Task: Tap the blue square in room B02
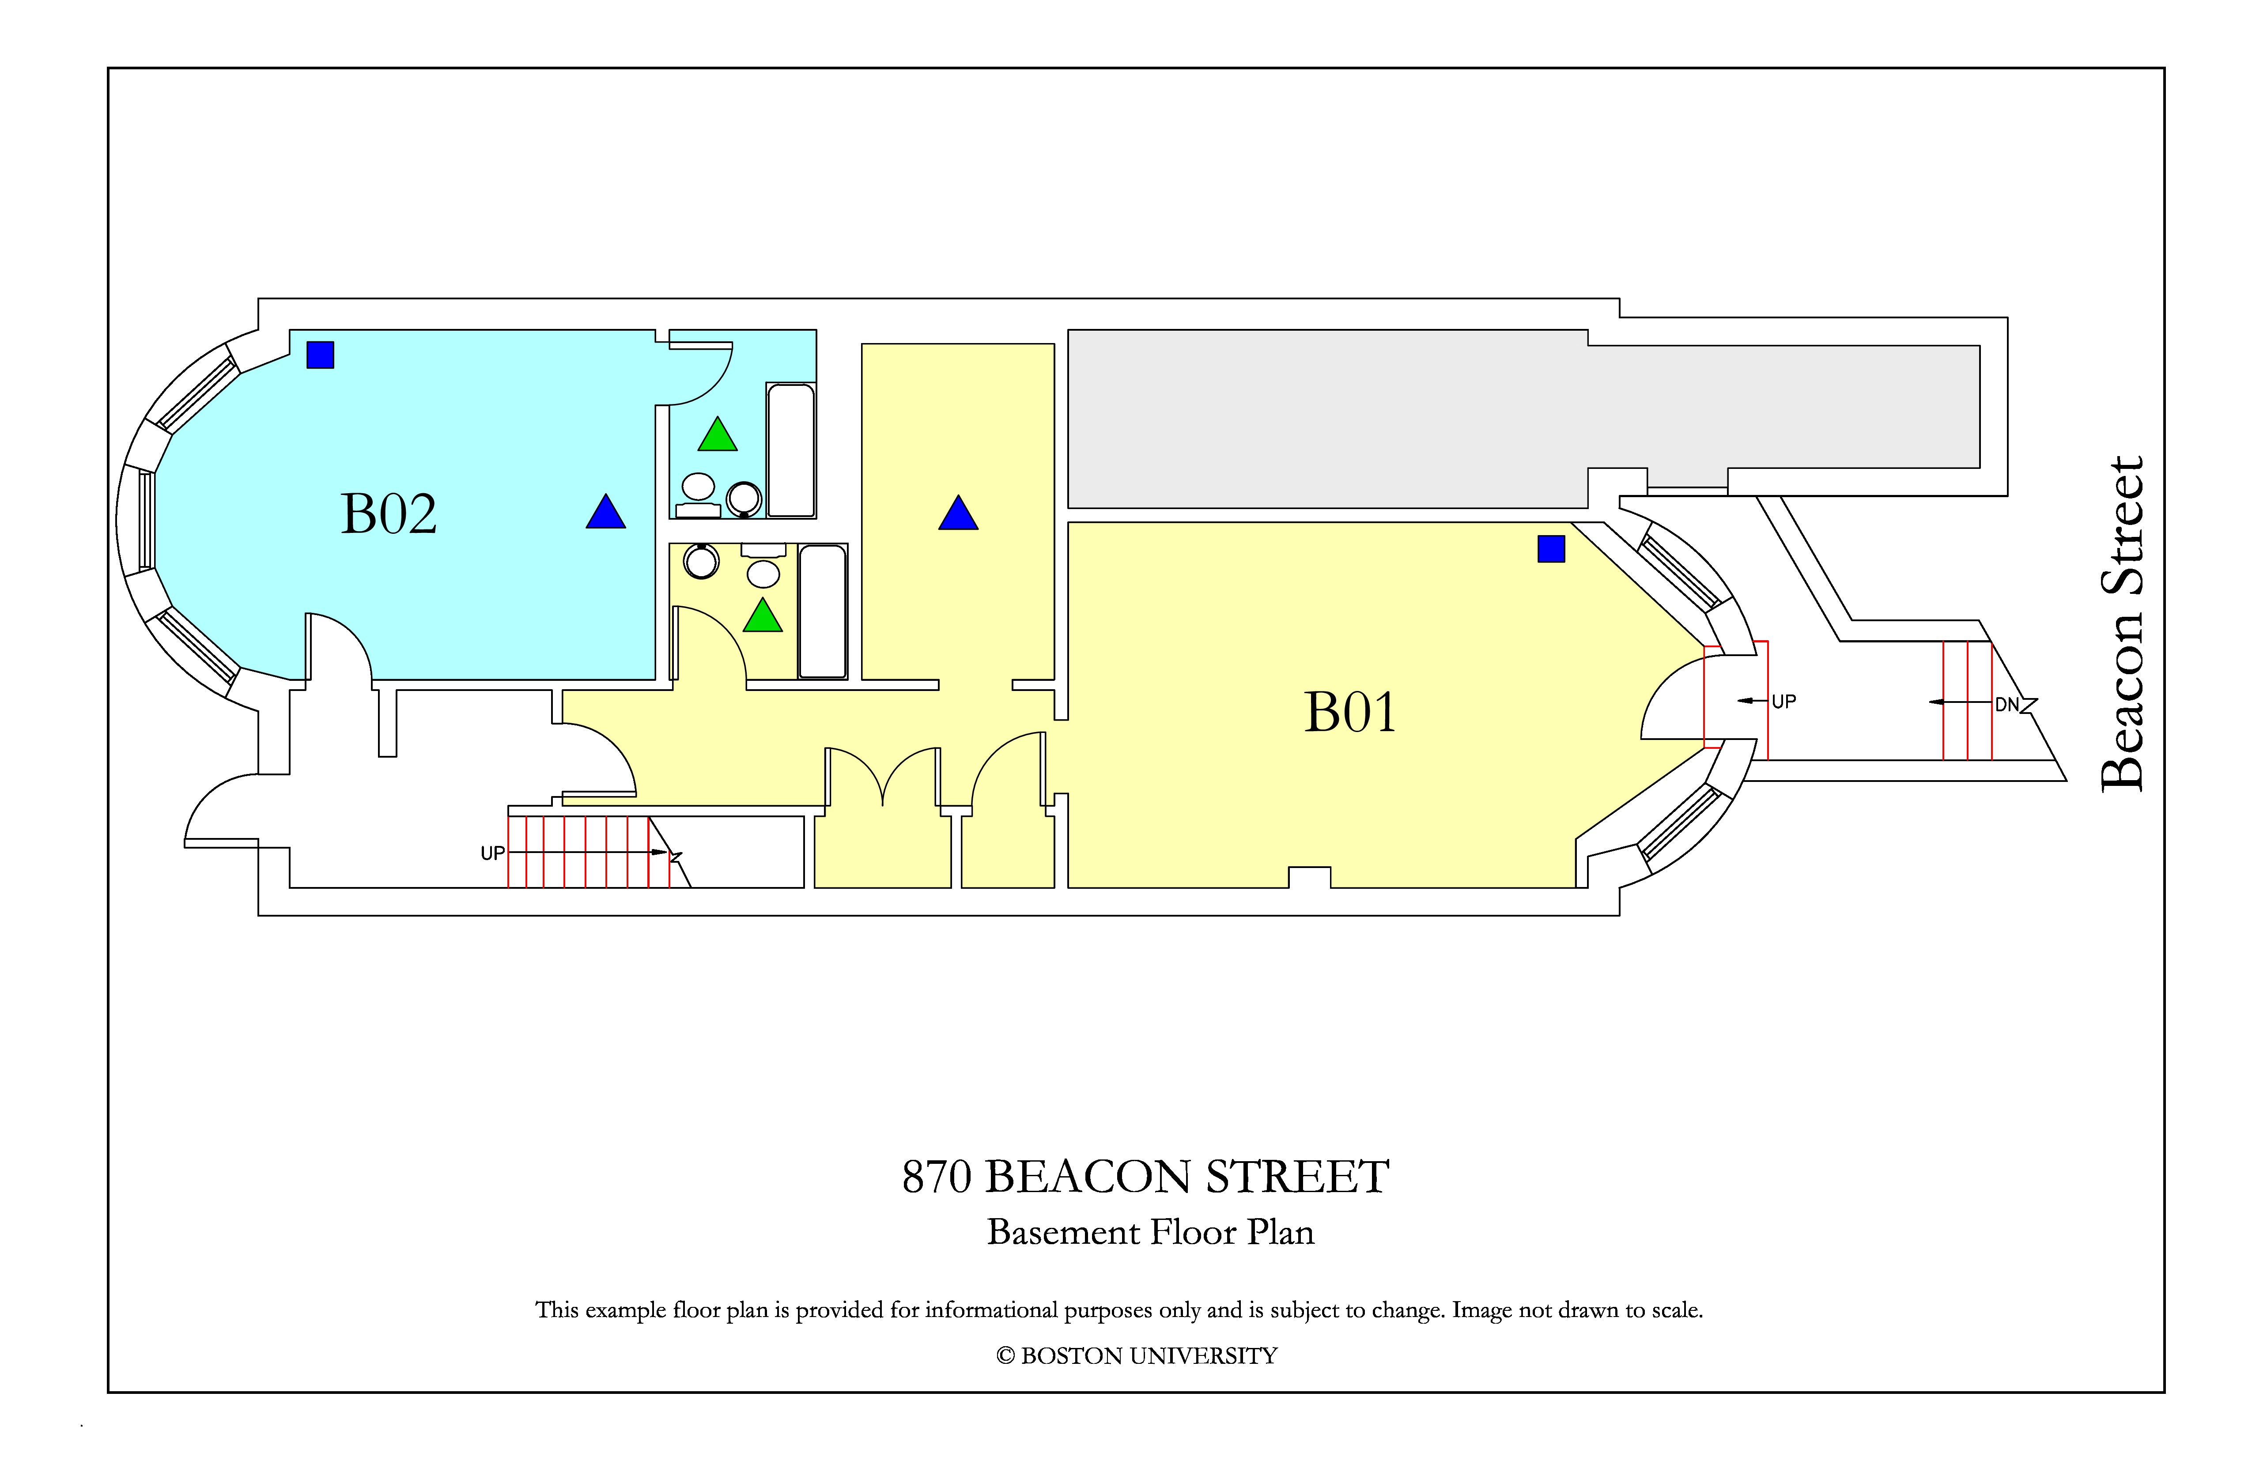(x=320, y=355)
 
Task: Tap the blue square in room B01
(x=1551, y=549)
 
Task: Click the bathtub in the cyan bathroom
(x=791, y=450)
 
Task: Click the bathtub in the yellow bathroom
(x=822, y=611)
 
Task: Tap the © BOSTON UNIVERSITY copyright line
(x=1137, y=1356)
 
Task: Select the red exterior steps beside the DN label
(x=1967, y=701)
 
